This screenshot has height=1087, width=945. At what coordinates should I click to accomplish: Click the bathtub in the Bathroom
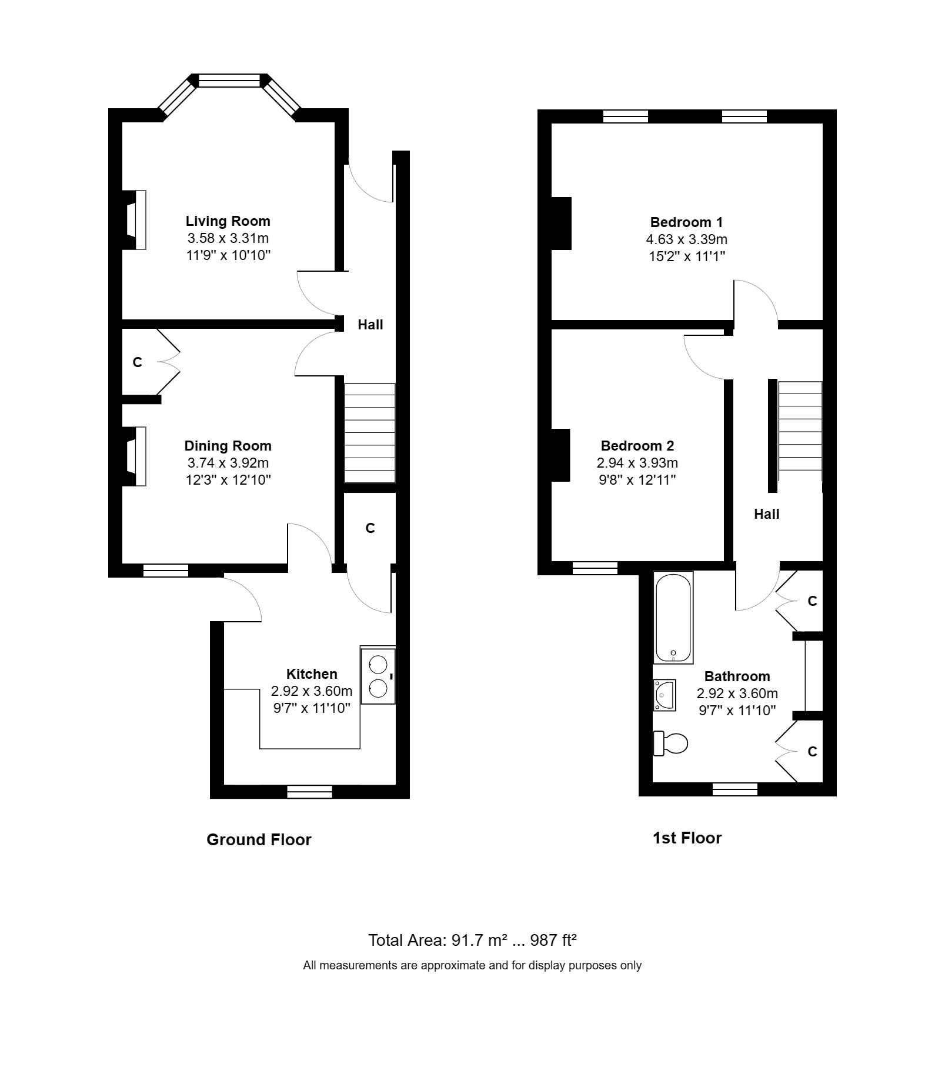pyautogui.click(x=674, y=618)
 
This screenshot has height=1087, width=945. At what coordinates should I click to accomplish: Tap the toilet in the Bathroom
pyautogui.click(x=672, y=743)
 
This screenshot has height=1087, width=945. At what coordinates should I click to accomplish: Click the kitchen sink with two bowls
pyautogui.click(x=378, y=676)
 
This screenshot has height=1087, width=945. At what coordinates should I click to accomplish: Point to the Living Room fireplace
pyautogui.click(x=136, y=220)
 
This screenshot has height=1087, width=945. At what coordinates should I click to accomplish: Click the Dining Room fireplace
pyautogui.click(x=136, y=456)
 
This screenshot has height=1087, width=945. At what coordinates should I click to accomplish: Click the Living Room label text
pyautogui.click(x=228, y=221)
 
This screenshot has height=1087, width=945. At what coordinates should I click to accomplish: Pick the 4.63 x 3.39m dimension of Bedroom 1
pyautogui.click(x=686, y=239)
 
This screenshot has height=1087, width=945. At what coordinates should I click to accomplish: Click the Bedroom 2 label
pyautogui.click(x=637, y=446)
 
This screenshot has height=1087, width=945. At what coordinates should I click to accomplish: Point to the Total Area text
pyautogui.click(x=472, y=940)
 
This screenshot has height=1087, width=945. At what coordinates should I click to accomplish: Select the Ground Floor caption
pyautogui.click(x=259, y=839)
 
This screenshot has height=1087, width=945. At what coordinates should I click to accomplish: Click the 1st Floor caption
pyautogui.click(x=687, y=838)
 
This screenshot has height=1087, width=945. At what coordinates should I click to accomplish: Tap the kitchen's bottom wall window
pyautogui.click(x=309, y=792)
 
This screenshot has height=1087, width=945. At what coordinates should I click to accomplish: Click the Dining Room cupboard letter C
pyautogui.click(x=138, y=362)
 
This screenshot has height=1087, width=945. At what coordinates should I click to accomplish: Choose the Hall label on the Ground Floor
pyautogui.click(x=370, y=325)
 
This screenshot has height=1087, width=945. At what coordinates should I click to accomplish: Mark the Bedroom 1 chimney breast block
pyautogui.click(x=561, y=224)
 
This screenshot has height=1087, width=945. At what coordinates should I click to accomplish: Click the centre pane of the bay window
pyautogui.click(x=229, y=81)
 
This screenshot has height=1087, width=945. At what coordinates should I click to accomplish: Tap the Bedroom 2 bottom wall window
pyautogui.click(x=595, y=568)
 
